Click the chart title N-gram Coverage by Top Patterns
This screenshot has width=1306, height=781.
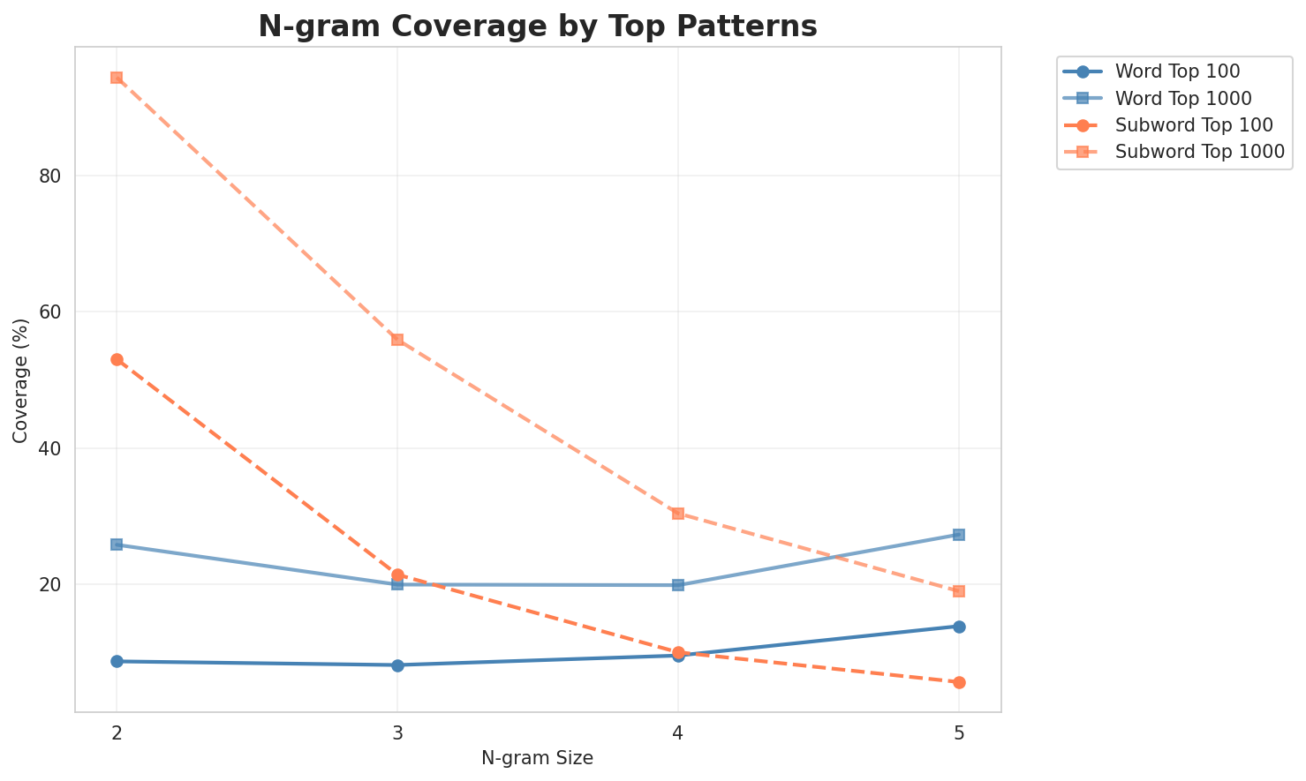click(537, 26)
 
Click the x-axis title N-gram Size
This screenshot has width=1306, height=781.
click(537, 758)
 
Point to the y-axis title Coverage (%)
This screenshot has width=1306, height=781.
click(20, 379)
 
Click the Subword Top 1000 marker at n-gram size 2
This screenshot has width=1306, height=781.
click(117, 78)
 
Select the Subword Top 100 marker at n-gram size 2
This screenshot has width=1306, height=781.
click(117, 359)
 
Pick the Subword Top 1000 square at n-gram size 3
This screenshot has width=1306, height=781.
click(397, 340)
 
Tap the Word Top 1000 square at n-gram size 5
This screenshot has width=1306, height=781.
click(959, 535)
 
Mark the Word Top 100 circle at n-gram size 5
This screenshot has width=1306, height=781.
click(959, 627)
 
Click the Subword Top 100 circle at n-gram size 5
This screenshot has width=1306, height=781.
click(959, 682)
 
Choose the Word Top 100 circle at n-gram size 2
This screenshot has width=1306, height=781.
click(117, 661)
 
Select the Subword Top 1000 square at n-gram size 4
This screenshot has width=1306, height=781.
click(678, 513)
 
